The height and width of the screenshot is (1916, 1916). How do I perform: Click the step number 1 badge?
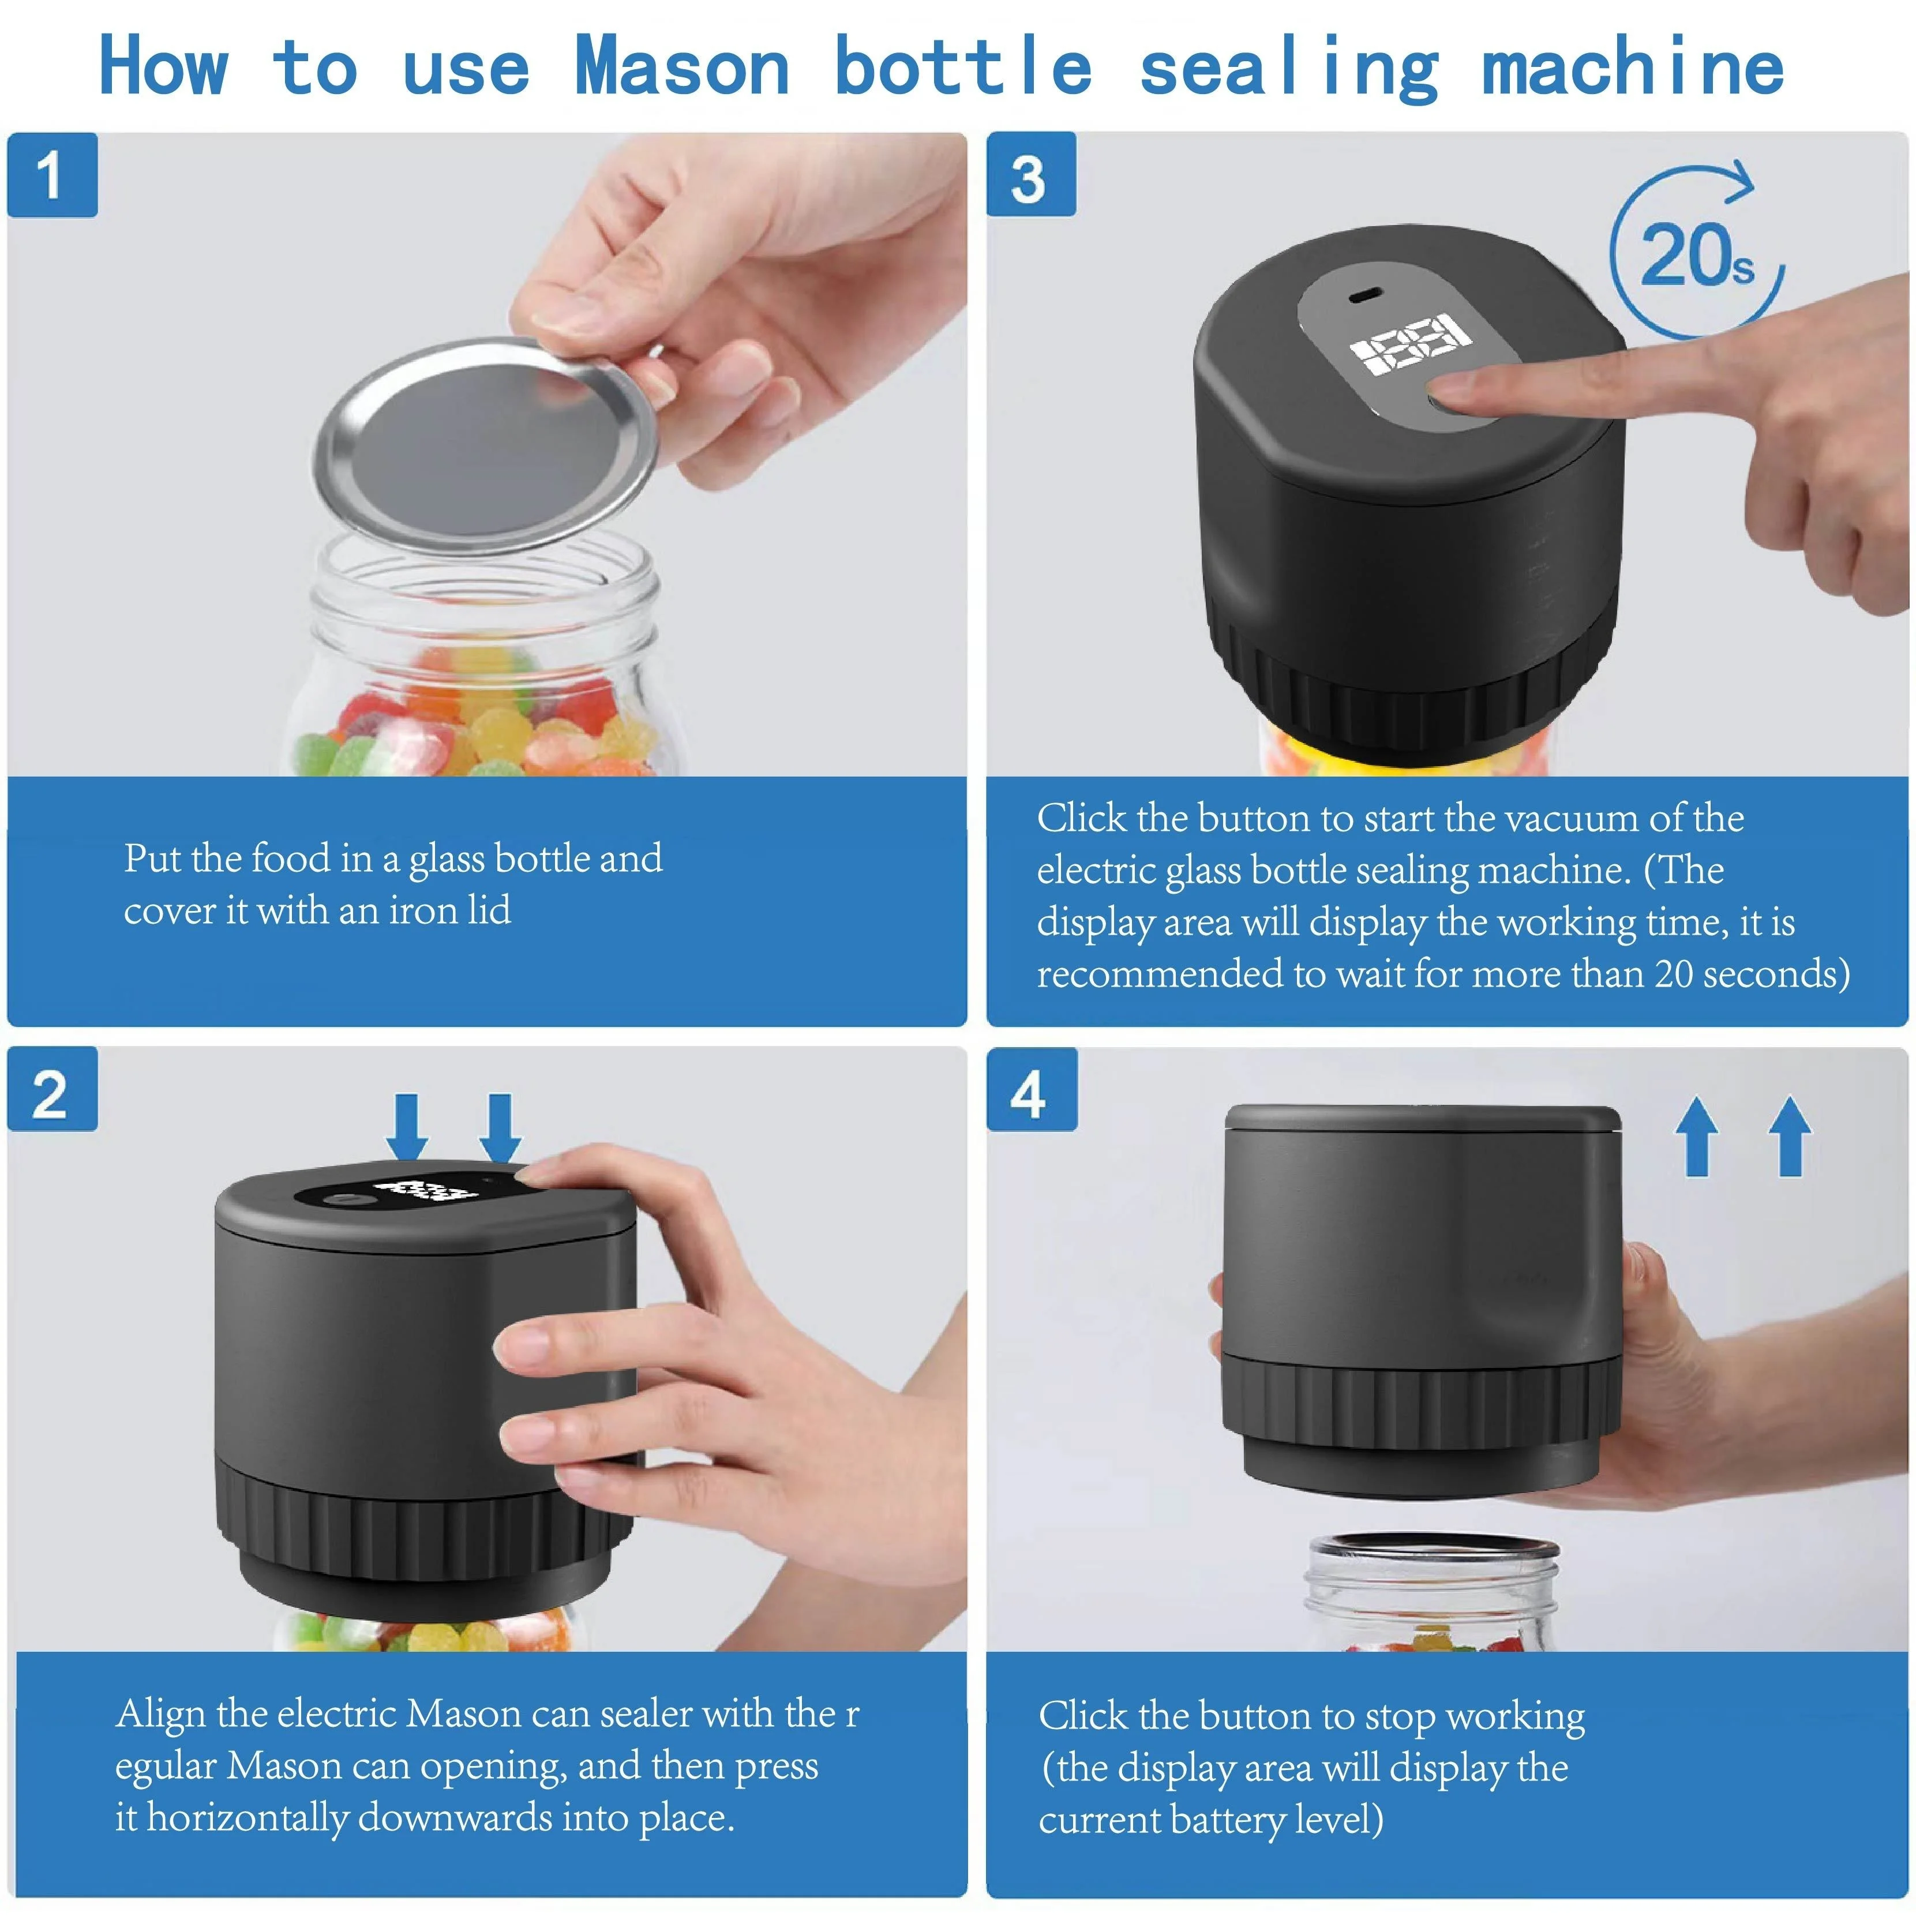53,175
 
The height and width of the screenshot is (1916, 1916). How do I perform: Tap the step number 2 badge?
53,1089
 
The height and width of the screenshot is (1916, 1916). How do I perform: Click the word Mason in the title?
683,68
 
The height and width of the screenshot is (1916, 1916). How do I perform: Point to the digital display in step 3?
1410,343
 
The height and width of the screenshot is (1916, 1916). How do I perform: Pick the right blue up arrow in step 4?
1790,1135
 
